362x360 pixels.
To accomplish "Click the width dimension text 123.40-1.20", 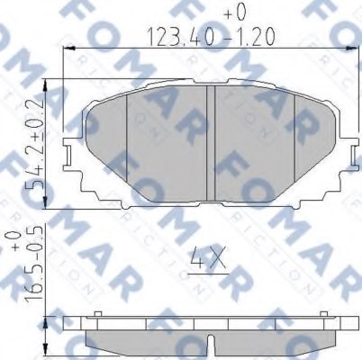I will pyautogui.click(x=208, y=39).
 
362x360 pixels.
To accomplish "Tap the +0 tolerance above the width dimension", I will pyautogui.click(x=236, y=13).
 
